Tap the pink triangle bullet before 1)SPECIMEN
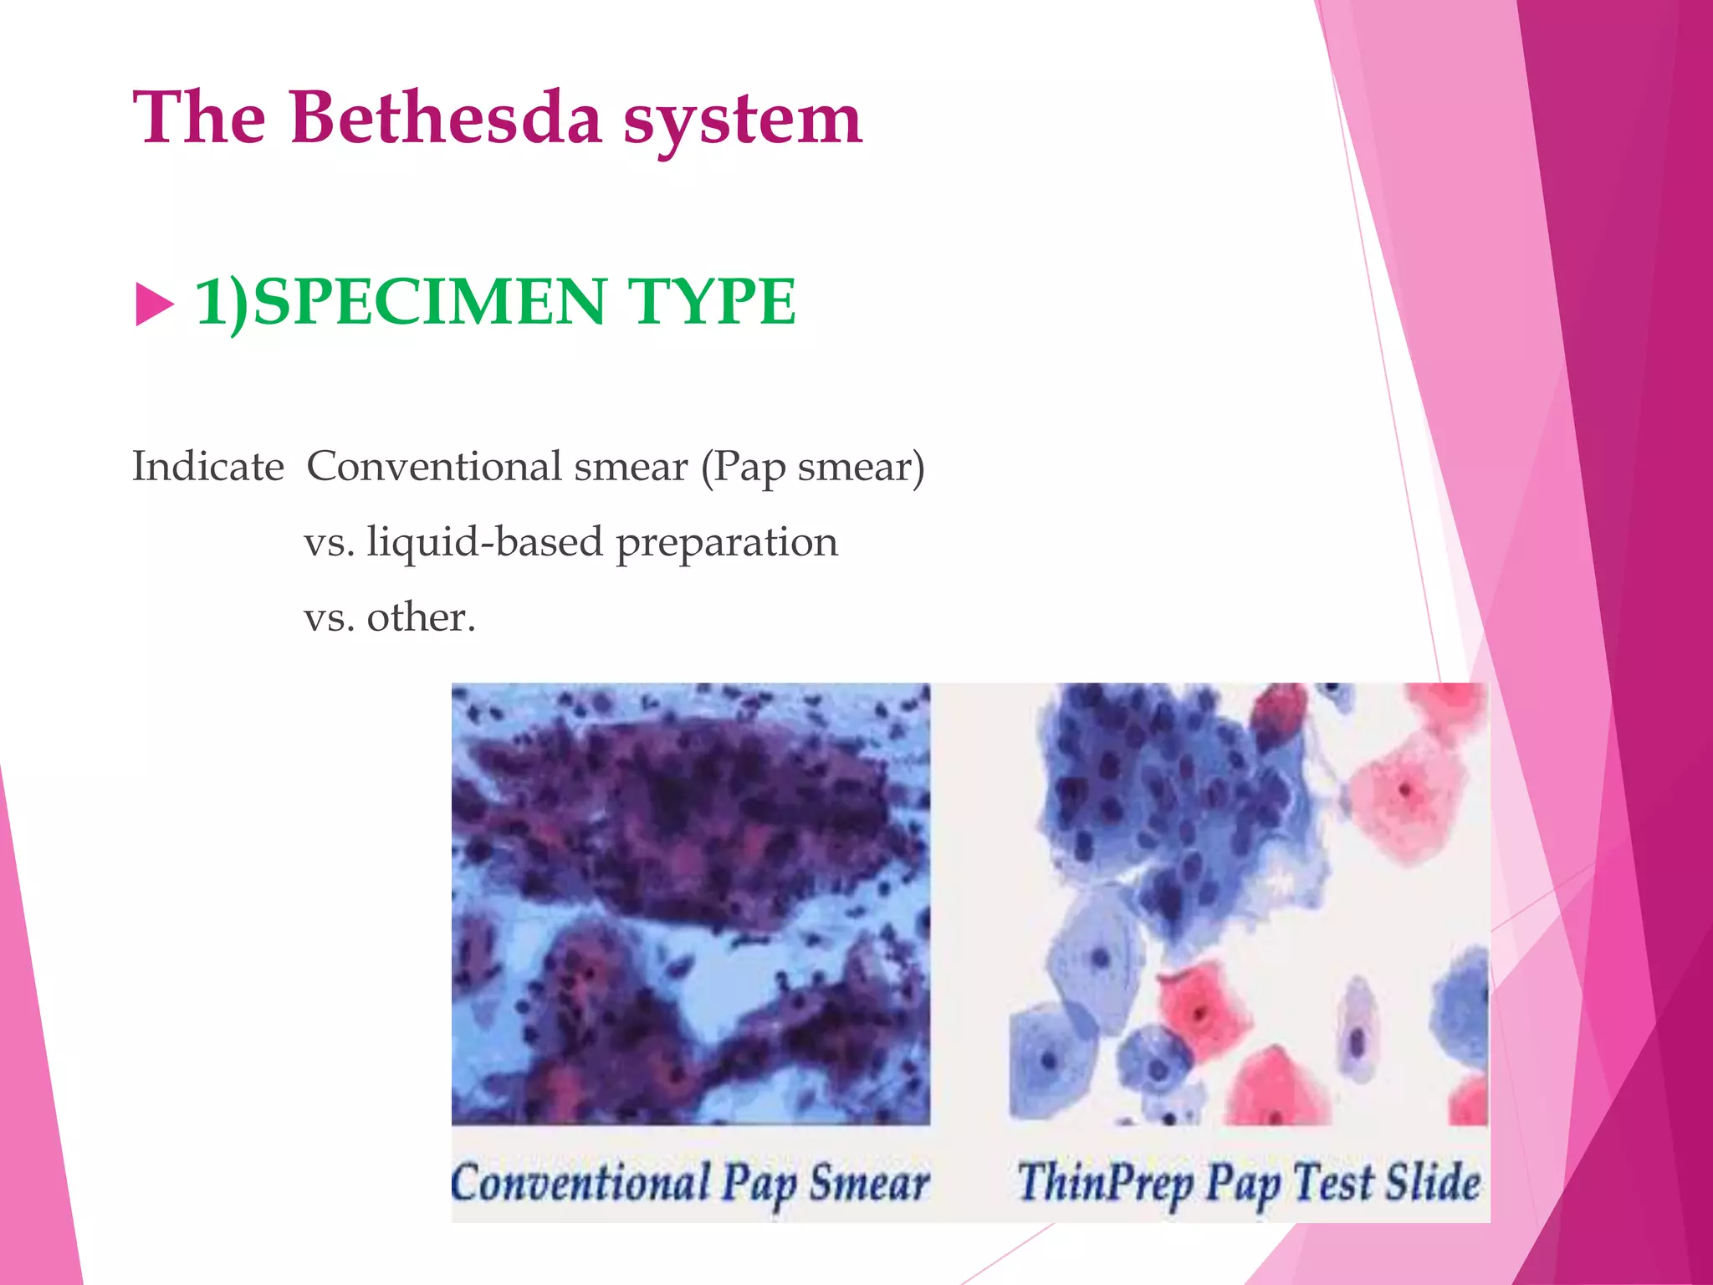[154, 305]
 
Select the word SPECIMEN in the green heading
[428, 301]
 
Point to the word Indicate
[208, 466]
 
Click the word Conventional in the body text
[434, 466]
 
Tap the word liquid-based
[484, 543]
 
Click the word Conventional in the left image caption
[580, 1183]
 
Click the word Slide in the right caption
[1433, 1181]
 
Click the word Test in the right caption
[1334, 1182]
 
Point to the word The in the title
[199, 118]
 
